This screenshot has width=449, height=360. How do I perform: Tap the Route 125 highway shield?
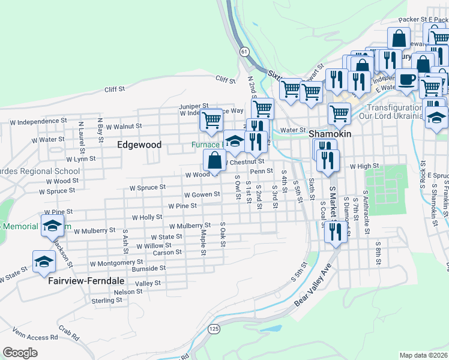click(214, 329)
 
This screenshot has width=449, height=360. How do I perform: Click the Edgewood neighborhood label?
click(139, 145)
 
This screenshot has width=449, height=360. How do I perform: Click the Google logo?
click(20, 352)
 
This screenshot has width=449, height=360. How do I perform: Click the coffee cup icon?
click(406, 79)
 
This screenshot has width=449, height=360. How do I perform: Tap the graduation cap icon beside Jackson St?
click(44, 262)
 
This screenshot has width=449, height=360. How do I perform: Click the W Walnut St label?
click(124, 127)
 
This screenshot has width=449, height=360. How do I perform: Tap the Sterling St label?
click(107, 300)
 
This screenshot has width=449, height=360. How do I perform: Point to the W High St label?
click(364, 166)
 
